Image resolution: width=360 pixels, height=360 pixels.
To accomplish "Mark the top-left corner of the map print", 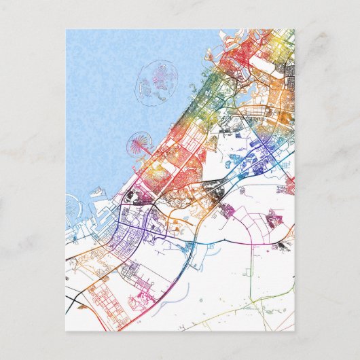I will coord(67,30).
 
